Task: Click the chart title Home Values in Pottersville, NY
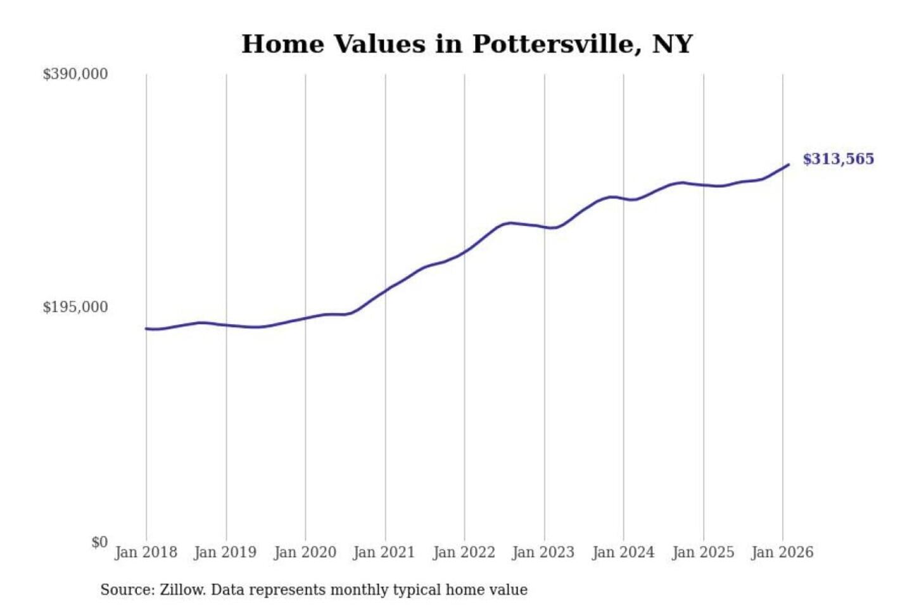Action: (x=467, y=44)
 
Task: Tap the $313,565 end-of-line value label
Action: (x=838, y=159)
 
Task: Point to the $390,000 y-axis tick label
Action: (x=75, y=74)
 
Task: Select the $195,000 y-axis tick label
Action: (x=75, y=307)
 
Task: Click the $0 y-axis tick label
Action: (x=99, y=542)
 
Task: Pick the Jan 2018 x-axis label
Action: (x=146, y=552)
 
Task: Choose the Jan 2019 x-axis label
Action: (x=225, y=552)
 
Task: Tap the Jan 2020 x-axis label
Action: (x=305, y=552)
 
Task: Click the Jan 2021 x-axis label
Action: (x=384, y=552)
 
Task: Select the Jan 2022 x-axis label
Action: (x=464, y=552)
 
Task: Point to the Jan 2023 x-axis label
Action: (x=543, y=552)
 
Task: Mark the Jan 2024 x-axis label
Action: (x=623, y=552)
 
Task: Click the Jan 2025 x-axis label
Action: (x=702, y=552)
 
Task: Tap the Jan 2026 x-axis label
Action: (x=782, y=552)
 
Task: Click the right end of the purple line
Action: (x=788, y=165)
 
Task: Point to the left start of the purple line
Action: (x=146, y=329)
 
